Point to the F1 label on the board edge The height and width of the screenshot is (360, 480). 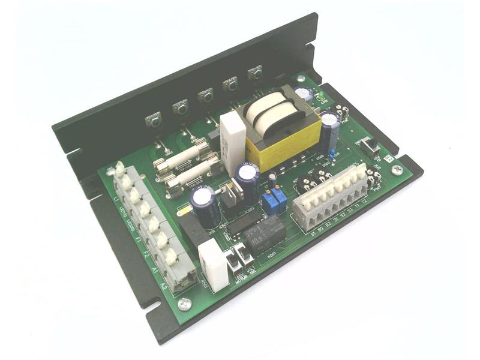139,241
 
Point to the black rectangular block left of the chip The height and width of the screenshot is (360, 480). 193,231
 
